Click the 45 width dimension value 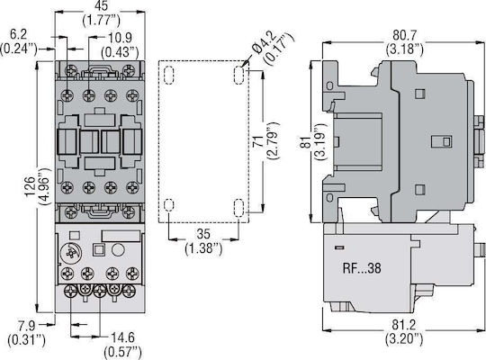pos(101,6)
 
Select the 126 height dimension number pos(30,186)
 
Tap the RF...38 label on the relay pos(362,268)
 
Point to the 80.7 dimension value pos(405,35)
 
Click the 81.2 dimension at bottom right pos(404,325)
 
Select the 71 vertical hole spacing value pos(258,141)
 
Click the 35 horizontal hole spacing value pos(203,234)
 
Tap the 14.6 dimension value pos(122,337)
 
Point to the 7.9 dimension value pos(27,326)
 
